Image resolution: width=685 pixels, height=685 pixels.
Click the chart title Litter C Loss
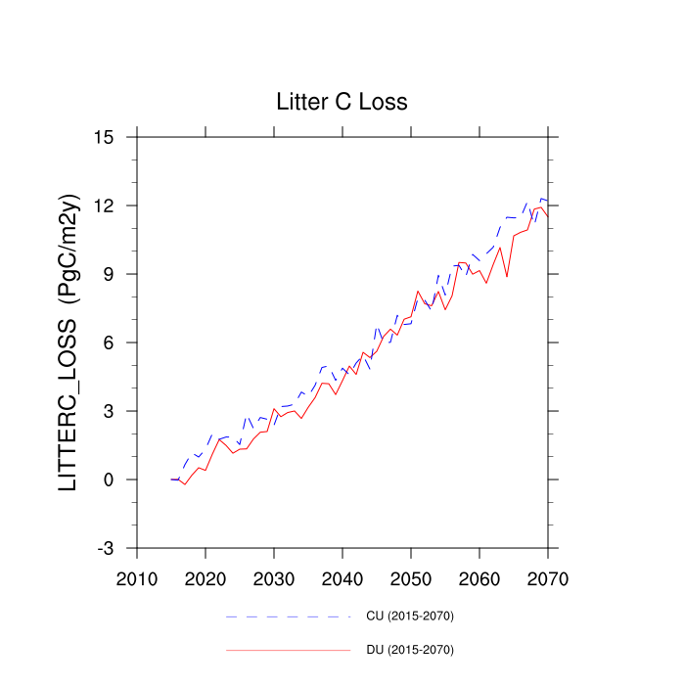(342, 102)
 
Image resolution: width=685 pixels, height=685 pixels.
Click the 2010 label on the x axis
(137, 577)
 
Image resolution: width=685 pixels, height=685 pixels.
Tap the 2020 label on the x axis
(205, 577)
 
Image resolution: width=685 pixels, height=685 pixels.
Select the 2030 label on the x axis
(274, 577)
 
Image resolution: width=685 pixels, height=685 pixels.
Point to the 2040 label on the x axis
(342, 577)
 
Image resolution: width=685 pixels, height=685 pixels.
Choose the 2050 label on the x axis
(411, 577)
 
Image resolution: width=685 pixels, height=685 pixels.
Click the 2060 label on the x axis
(479, 577)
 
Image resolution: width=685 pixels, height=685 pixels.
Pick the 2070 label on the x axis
(548, 577)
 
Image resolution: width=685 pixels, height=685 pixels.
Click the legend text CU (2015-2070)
(409, 616)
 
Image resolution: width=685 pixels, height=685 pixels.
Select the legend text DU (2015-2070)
(409, 650)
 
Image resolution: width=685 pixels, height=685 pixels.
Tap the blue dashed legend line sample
(288, 616)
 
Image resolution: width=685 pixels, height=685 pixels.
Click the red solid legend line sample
(288, 650)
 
